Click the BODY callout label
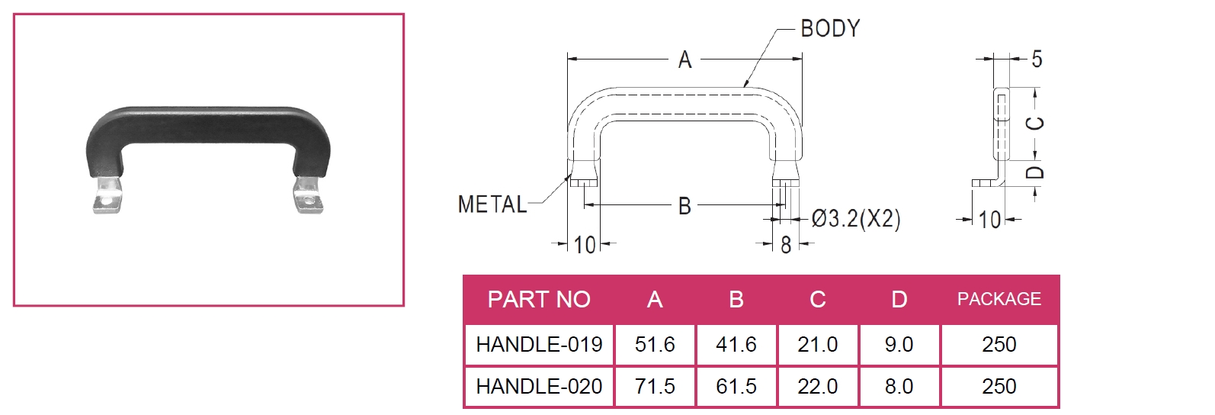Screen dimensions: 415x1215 coord(830,29)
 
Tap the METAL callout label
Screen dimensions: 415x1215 coord(492,204)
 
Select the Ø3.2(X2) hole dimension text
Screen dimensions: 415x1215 coord(856,219)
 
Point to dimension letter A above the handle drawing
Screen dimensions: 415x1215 coord(684,60)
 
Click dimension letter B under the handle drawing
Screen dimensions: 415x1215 coord(684,206)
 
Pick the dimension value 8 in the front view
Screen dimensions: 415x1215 coord(786,245)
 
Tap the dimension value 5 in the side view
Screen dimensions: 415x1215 coord(1037,59)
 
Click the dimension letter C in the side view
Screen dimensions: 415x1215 coord(1035,123)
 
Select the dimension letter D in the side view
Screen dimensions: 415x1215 coord(1034,172)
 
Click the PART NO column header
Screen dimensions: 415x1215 coord(539,299)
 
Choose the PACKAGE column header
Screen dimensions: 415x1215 coord(999,299)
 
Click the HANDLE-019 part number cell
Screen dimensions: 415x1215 coord(539,345)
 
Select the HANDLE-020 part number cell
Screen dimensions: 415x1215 coord(539,387)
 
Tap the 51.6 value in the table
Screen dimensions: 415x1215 coord(655,345)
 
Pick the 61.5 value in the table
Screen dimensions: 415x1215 coord(736,387)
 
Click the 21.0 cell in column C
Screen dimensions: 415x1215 coord(817,345)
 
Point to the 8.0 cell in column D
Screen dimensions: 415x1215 coord(899,387)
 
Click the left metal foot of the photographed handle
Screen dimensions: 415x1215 coord(107,196)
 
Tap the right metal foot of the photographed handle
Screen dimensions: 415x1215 coord(308,196)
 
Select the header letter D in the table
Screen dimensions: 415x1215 coord(899,299)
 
